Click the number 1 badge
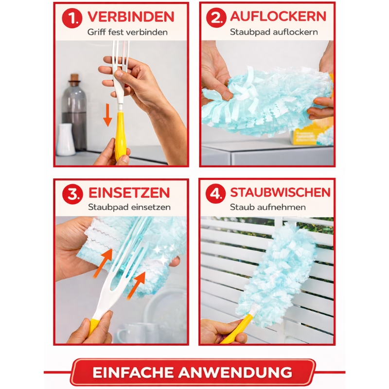click(x=72, y=18)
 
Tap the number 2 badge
click(x=216, y=18)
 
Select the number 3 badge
click(x=72, y=194)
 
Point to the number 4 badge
click(x=215, y=194)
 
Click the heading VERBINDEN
click(x=131, y=17)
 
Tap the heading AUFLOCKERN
click(x=278, y=17)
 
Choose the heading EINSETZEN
click(x=129, y=193)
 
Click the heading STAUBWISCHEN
click(x=281, y=192)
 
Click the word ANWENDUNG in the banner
click(x=235, y=372)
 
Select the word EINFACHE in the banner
click(x=133, y=372)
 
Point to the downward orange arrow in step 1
click(x=107, y=115)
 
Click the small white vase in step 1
click(x=66, y=140)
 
